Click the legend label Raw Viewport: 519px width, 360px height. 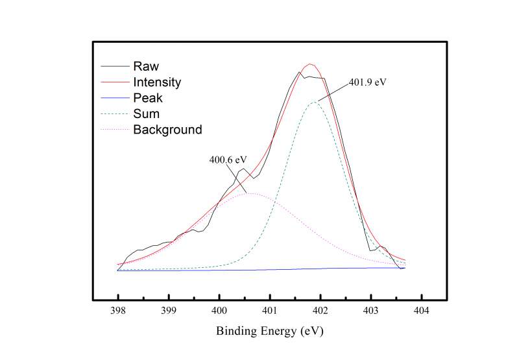(146, 66)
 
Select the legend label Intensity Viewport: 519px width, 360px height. (157, 82)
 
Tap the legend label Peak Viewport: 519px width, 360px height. (148, 99)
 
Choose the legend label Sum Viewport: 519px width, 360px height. (145, 114)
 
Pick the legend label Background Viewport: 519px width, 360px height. (167, 130)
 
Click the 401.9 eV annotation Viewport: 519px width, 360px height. (367, 82)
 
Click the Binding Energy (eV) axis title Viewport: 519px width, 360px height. (269, 331)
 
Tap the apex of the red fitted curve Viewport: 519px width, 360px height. (311, 64)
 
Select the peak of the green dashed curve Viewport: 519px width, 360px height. (315, 102)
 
